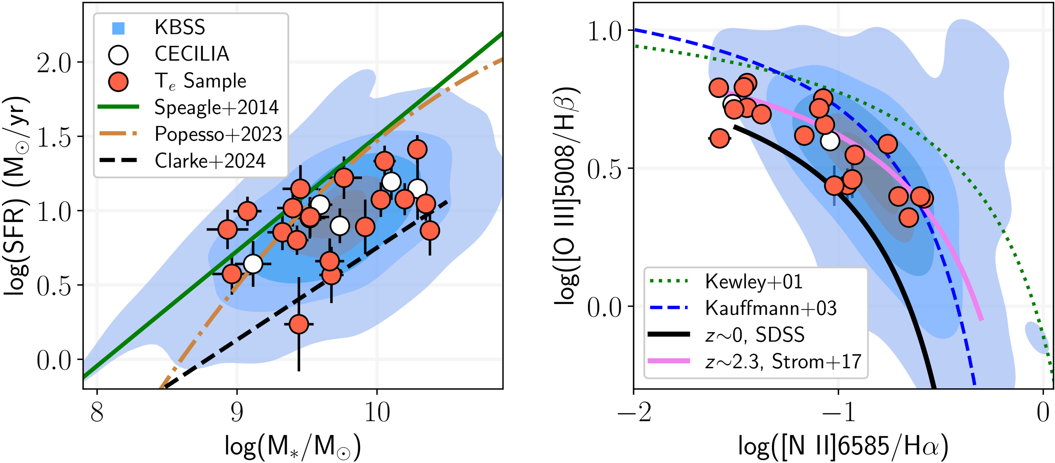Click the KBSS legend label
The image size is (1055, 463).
(x=179, y=28)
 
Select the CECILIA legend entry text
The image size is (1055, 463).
(x=192, y=54)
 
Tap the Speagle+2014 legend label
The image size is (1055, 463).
(x=216, y=107)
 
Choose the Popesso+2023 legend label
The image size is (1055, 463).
(x=218, y=134)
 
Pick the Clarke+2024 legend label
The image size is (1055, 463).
(x=210, y=161)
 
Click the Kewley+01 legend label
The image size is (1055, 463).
(x=753, y=282)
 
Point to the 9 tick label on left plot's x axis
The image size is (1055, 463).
(x=237, y=412)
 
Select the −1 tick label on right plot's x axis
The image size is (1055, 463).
(x=838, y=412)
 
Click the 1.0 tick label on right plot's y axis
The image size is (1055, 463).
(x=604, y=31)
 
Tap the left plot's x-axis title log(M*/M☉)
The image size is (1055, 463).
(x=293, y=447)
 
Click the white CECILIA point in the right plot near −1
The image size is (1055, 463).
(x=830, y=141)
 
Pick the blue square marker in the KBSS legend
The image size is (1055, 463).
(x=118, y=28)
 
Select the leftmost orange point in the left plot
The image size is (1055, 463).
(x=227, y=229)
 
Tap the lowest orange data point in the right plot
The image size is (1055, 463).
(x=909, y=217)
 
